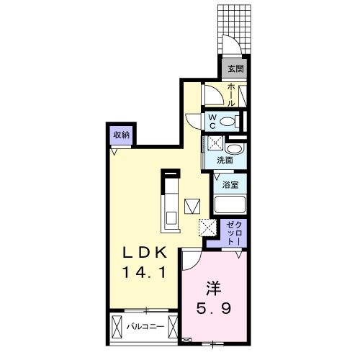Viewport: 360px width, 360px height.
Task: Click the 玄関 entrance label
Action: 235,69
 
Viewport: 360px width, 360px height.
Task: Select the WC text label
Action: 213,121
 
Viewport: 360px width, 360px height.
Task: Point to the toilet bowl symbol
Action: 230,121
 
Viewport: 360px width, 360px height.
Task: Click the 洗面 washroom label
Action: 224,161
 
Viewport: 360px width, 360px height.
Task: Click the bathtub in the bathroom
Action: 230,204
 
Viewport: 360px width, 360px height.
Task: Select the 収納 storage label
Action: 120,135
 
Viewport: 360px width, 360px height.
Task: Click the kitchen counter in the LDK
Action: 172,205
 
